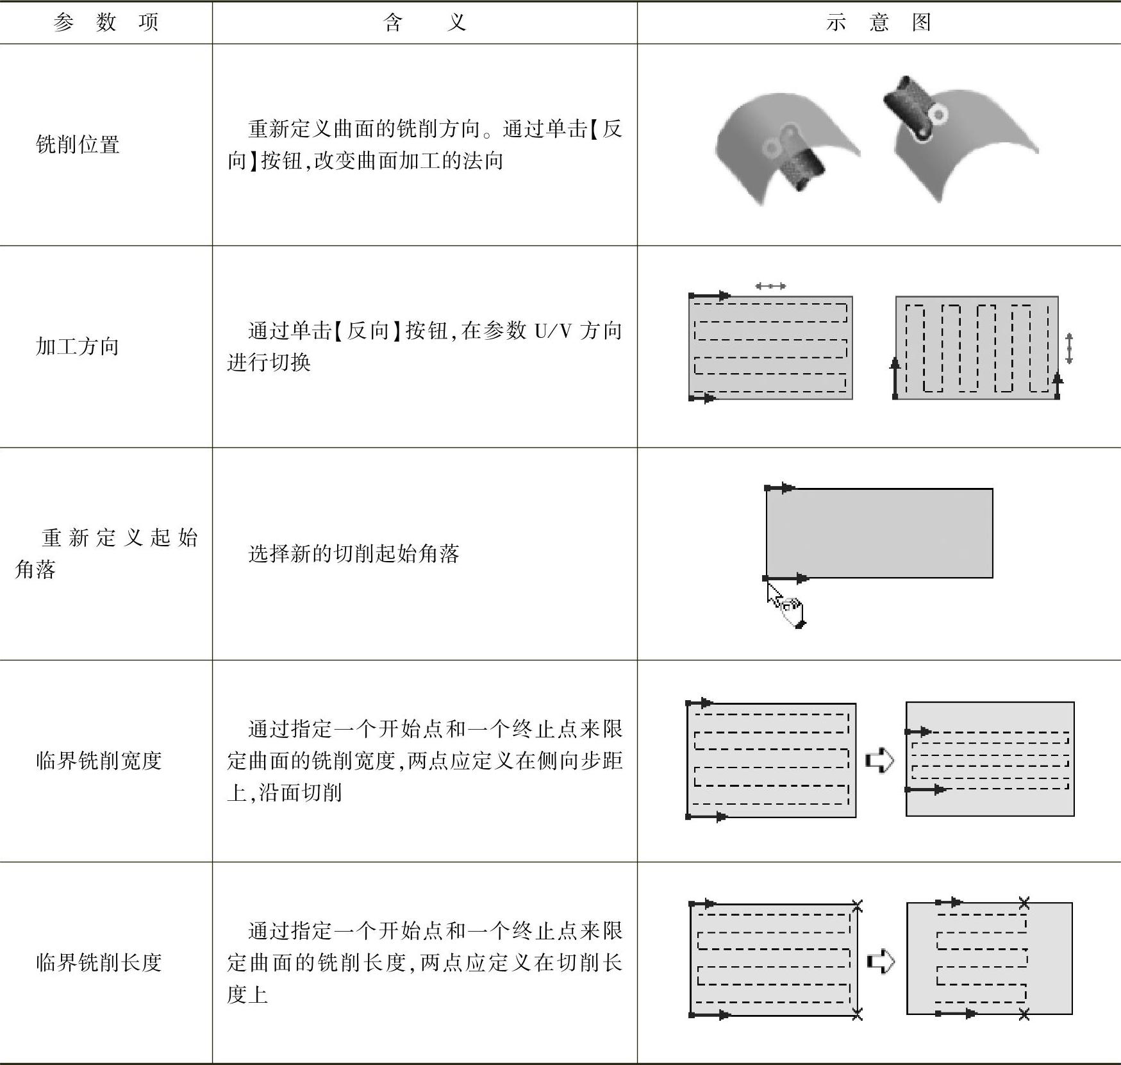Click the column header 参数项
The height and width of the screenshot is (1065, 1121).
coord(106,22)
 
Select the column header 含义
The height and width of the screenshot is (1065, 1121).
coord(424,22)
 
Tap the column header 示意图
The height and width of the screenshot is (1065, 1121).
coord(878,22)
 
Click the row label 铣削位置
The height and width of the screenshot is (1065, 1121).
coord(78,144)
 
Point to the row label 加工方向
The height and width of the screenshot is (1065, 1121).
coord(78,346)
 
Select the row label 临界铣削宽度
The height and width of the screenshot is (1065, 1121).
coord(99,760)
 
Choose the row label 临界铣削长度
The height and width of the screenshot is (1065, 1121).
coord(99,962)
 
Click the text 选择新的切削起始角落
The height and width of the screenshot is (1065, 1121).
coord(354,553)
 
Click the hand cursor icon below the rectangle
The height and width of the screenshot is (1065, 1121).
coord(786,605)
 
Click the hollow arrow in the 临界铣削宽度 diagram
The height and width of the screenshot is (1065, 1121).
coord(879,760)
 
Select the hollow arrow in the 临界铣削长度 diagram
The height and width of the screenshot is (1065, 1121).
coord(881,961)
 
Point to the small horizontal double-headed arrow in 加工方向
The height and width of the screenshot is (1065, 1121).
coord(770,286)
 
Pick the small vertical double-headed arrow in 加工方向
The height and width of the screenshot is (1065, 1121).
coord(1068,348)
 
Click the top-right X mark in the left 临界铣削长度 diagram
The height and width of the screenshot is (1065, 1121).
coord(858,905)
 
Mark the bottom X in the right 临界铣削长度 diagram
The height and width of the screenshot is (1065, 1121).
coord(1024,1014)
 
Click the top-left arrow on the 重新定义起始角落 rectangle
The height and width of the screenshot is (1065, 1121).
coord(780,488)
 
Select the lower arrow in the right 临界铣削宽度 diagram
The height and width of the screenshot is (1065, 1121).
coord(926,789)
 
